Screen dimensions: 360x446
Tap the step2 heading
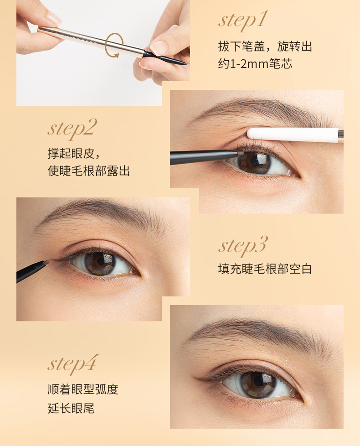pos(72,128)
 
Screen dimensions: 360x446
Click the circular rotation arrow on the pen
pos(114,46)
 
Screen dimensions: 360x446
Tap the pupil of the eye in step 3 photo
pos(100,262)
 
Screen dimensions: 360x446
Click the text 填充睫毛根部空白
pos(265,269)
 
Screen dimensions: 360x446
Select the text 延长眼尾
pos(71,408)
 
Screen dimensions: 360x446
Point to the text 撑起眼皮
pos(71,154)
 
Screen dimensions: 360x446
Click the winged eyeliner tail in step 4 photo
pos(203,379)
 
